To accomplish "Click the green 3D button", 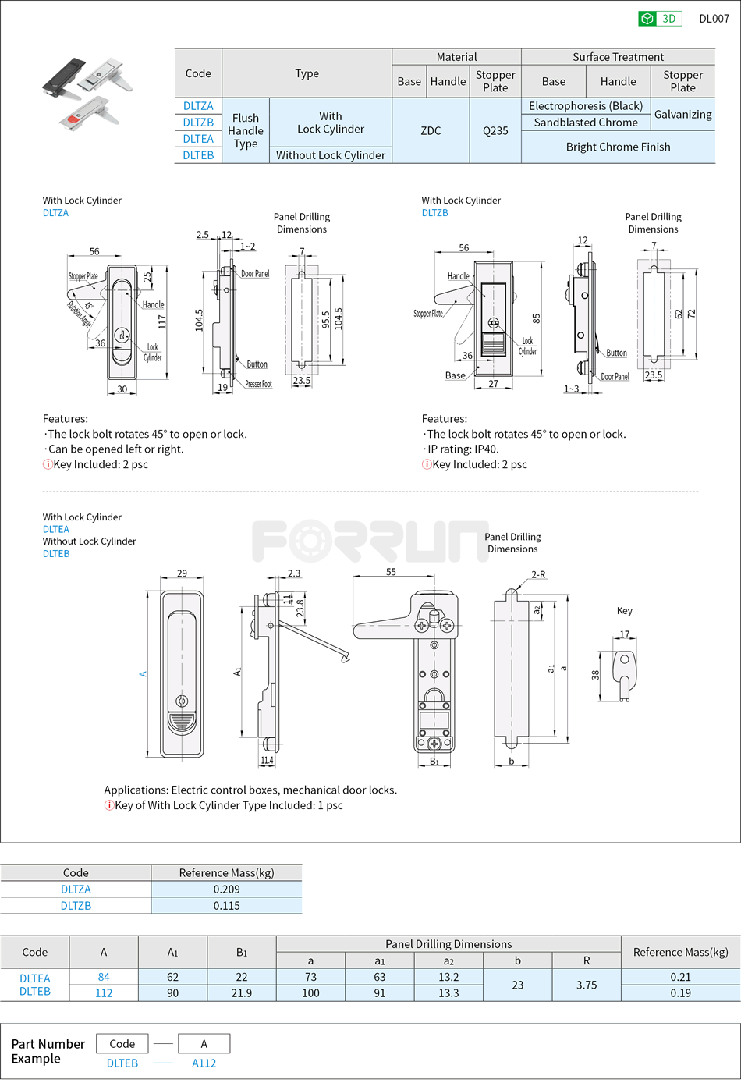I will (x=660, y=19).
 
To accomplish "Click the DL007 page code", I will (x=714, y=19).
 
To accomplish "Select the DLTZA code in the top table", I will (x=198, y=106).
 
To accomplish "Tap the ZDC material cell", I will (x=431, y=131).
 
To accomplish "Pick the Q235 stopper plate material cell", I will (x=495, y=131).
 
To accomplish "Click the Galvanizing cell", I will (x=682, y=114).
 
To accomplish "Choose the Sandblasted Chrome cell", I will (x=586, y=123).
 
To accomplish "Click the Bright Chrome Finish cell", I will (x=618, y=147).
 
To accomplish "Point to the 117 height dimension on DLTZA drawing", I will (x=162, y=321).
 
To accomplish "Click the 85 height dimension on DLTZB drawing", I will (x=536, y=318).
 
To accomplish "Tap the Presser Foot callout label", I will (x=258, y=384).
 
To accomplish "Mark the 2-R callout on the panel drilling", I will (x=538, y=574).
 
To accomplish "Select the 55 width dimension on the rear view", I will (x=391, y=572).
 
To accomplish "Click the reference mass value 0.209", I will (x=226, y=889).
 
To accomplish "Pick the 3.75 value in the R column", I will (x=587, y=985).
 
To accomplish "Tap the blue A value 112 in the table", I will (x=104, y=993).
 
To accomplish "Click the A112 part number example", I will (x=204, y=1063).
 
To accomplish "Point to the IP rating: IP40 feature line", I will (x=463, y=449).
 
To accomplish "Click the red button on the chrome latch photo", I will (x=73, y=119).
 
